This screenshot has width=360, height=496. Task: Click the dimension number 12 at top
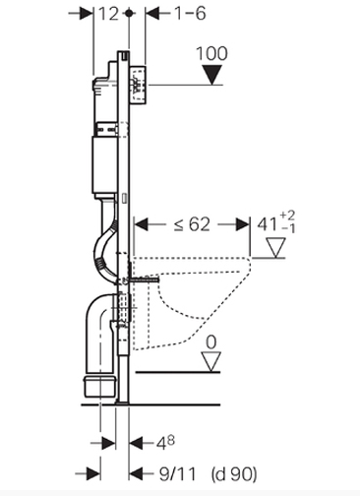tap(108, 14)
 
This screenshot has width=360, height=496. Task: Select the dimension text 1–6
tap(190, 14)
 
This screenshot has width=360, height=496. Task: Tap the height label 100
tap(211, 53)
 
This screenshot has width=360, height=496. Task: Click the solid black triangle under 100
tap(212, 75)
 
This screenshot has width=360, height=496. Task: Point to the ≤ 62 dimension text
tap(192, 224)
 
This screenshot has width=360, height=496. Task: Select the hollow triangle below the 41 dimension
tap(275, 248)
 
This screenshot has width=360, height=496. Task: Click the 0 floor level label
tap(211, 342)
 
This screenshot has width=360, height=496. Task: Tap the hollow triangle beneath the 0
tap(211, 362)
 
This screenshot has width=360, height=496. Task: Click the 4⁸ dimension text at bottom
tap(165, 443)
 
